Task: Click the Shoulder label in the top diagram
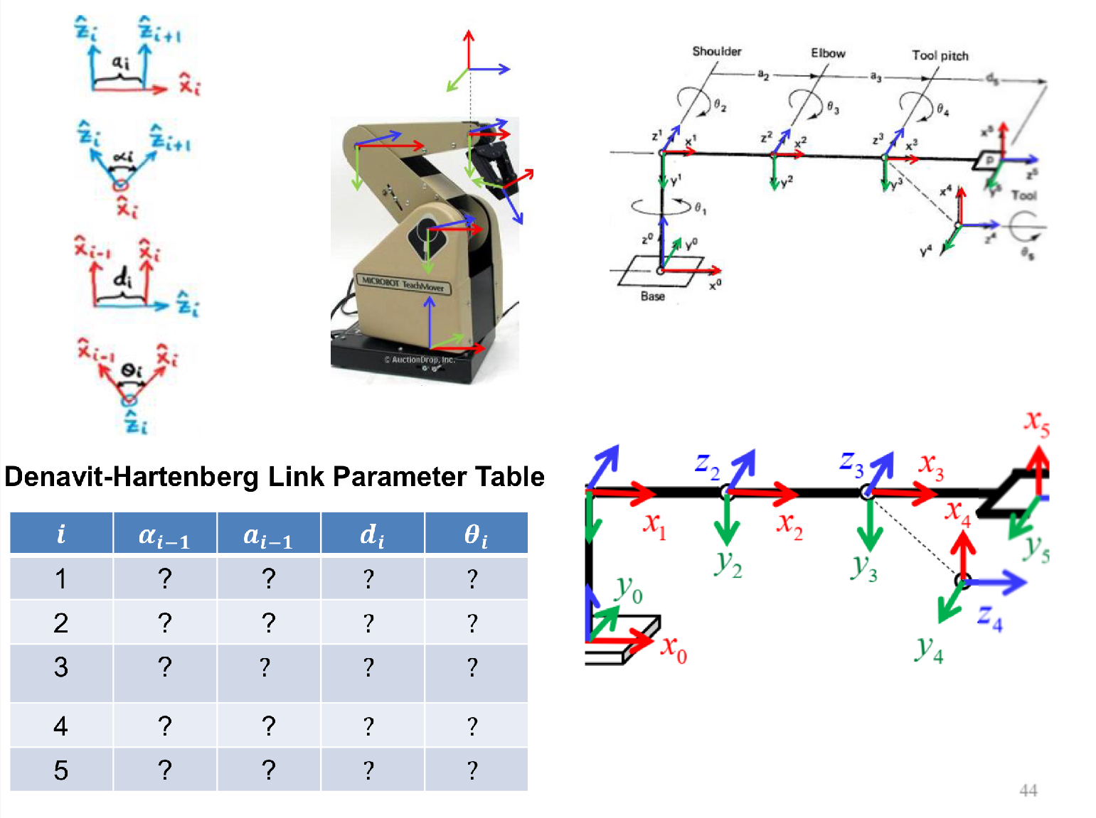pyautogui.click(x=716, y=51)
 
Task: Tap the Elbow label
pyautogui.click(x=828, y=53)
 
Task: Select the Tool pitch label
pyautogui.click(x=940, y=55)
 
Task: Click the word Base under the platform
pyautogui.click(x=652, y=296)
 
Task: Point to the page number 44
pyautogui.click(x=1028, y=790)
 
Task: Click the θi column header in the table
pyautogui.click(x=476, y=534)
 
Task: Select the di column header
pyautogui.click(x=372, y=534)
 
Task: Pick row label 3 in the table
pyautogui.click(x=61, y=667)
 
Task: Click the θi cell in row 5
pyautogui.click(x=472, y=770)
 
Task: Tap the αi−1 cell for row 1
pyautogui.click(x=165, y=578)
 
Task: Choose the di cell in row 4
pyautogui.click(x=368, y=726)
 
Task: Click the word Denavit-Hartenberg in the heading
pyautogui.click(x=131, y=477)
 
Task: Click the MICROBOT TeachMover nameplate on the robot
pyautogui.click(x=403, y=284)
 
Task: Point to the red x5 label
pyautogui.click(x=1036, y=423)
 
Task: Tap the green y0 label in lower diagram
pyautogui.click(x=629, y=589)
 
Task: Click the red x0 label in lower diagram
pyautogui.click(x=674, y=648)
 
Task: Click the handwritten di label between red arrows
pyautogui.click(x=122, y=278)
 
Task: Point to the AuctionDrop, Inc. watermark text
pyautogui.click(x=420, y=360)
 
